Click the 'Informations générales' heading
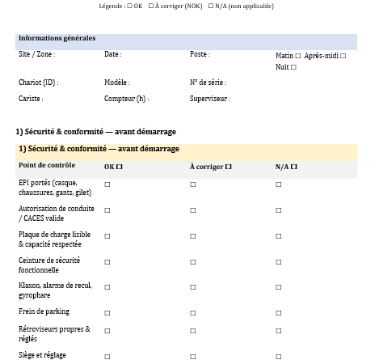point(57,38)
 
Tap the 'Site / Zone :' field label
point(36,55)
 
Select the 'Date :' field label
point(112,55)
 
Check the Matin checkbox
point(298,57)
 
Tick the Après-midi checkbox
point(343,57)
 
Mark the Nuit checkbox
point(293,68)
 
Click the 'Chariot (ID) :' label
point(38,83)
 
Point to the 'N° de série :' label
point(208,83)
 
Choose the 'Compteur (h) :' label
point(126,99)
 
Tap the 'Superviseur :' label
point(209,99)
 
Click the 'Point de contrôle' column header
point(47,166)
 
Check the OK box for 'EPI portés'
point(107,185)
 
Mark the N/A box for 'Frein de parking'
point(279,313)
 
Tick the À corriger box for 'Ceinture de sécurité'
point(193,262)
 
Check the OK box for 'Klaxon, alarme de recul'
point(107,287)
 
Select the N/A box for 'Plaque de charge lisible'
point(279,236)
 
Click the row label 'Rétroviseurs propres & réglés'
point(54,334)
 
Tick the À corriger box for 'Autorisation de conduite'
point(193,210)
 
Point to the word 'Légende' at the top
point(111,6)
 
